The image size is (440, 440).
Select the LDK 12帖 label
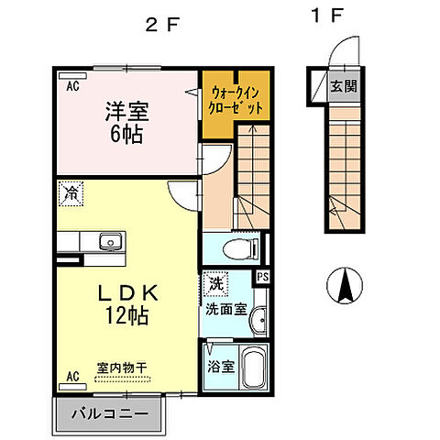(128, 304)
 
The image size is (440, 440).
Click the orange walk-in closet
(236, 100)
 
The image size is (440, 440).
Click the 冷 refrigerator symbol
(71, 192)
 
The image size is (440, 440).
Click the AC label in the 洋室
(71, 86)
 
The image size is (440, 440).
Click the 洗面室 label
(226, 310)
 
